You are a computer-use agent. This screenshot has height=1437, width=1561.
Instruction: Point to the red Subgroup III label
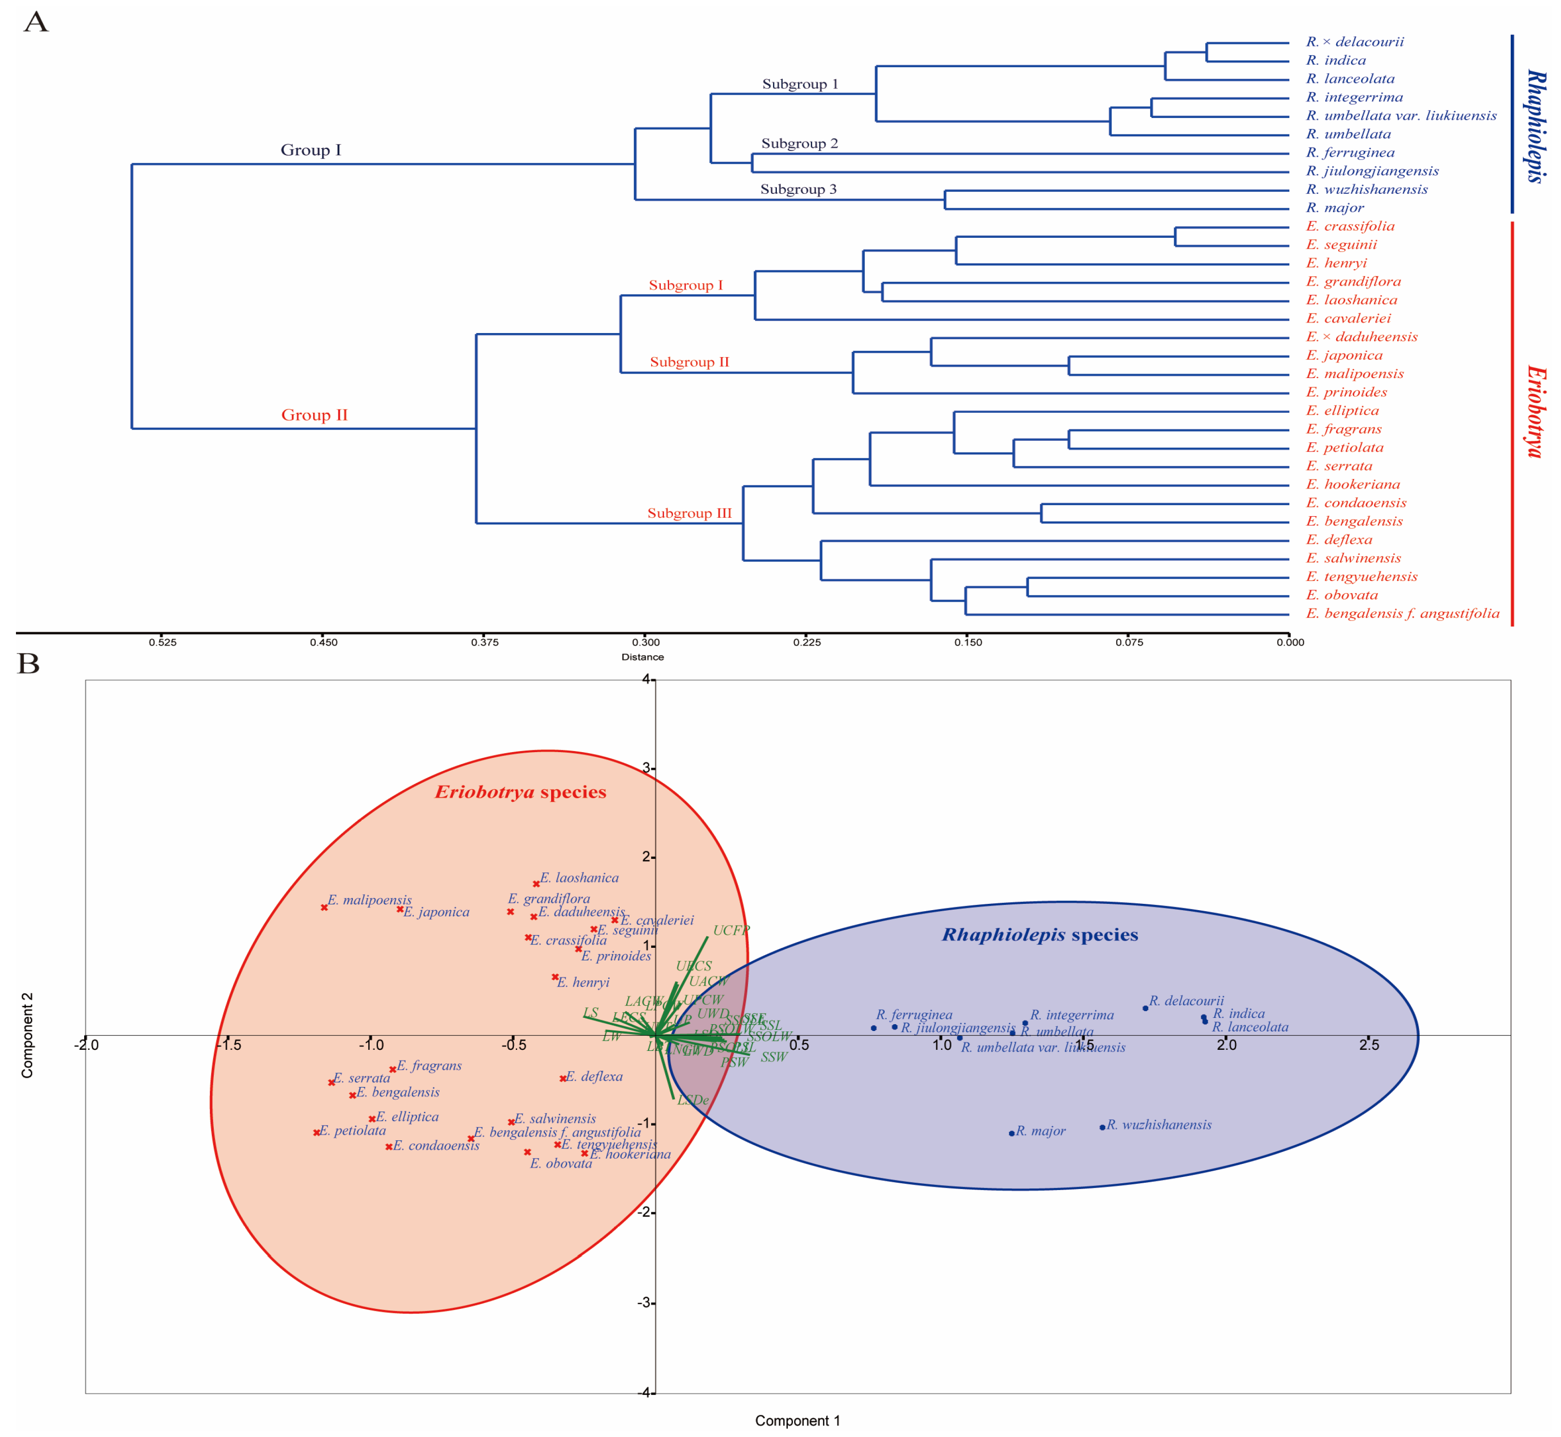tap(689, 513)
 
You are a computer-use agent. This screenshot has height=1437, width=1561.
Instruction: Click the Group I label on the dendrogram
tap(310, 150)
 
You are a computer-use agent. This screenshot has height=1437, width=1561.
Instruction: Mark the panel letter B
tap(29, 663)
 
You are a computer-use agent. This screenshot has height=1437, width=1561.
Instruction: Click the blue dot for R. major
tap(1011, 1133)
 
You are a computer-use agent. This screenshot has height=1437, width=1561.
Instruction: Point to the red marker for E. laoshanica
tap(536, 884)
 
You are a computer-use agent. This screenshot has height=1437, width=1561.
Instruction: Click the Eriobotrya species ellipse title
tap(520, 792)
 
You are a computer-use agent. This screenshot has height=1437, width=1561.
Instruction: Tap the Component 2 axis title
tap(27, 1035)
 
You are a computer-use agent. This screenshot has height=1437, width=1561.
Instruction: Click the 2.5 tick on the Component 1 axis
tap(1369, 1045)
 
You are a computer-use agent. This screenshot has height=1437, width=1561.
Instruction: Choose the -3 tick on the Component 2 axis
tap(643, 1303)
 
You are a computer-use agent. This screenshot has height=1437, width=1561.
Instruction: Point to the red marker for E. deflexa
tap(562, 1078)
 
